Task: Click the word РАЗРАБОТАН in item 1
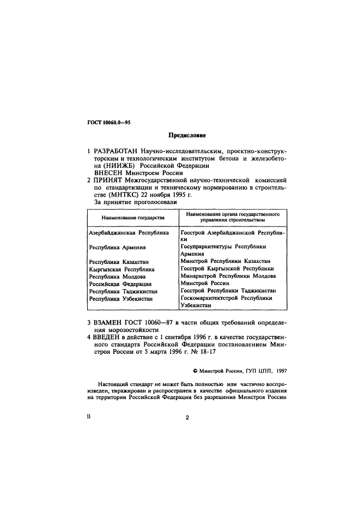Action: coord(116,150)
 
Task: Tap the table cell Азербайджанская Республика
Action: coord(129,232)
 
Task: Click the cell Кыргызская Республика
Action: coord(122,269)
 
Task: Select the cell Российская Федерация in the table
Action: coord(120,284)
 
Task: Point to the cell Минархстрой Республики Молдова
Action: coord(229,276)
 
